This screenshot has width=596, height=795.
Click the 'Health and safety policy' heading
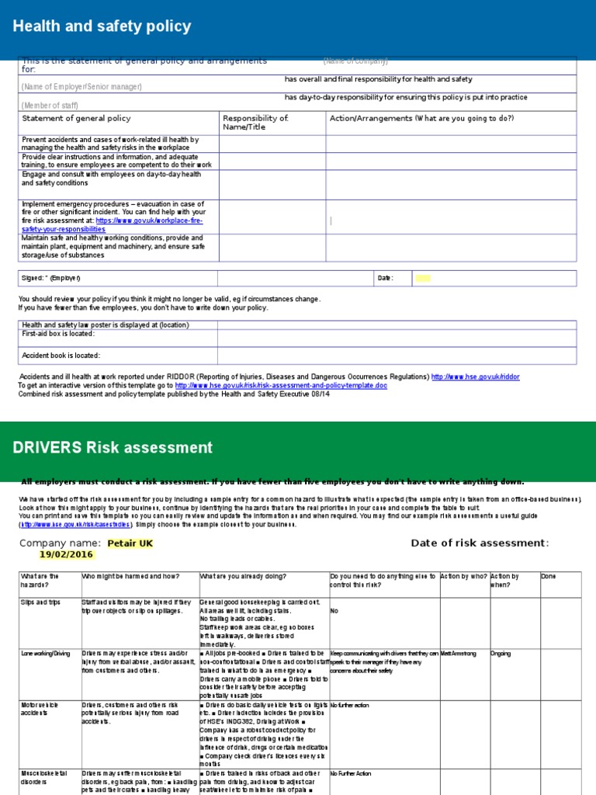pyautogui.click(x=102, y=27)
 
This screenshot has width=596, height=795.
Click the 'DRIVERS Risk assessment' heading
pyautogui.click(x=113, y=448)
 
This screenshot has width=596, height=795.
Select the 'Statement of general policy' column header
pyautogui.click(x=76, y=119)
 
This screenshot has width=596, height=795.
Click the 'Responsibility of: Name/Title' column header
pyautogui.click(x=255, y=123)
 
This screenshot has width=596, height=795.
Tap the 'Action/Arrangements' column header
pyautogui.click(x=421, y=119)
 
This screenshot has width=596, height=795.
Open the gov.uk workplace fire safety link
pyautogui.click(x=147, y=225)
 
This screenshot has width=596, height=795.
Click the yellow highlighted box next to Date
pyautogui.click(x=423, y=278)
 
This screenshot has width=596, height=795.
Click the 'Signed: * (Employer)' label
pyautogui.click(x=51, y=278)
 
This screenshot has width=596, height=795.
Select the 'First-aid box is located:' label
pyautogui.click(x=58, y=334)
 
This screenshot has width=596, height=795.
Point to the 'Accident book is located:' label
pyautogui.click(x=61, y=356)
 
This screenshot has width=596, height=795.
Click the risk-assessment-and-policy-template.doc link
pyautogui.click(x=280, y=385)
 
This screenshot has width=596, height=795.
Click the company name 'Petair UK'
pyautogui.click(x=130, y=543)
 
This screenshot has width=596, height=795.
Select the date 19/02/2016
pyautogui.click(x=65, y=555)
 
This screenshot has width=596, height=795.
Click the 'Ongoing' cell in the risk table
pyautogui.click(x=501, y=654)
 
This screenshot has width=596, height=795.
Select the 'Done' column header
pyautogui.click(x=548, y=577)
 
